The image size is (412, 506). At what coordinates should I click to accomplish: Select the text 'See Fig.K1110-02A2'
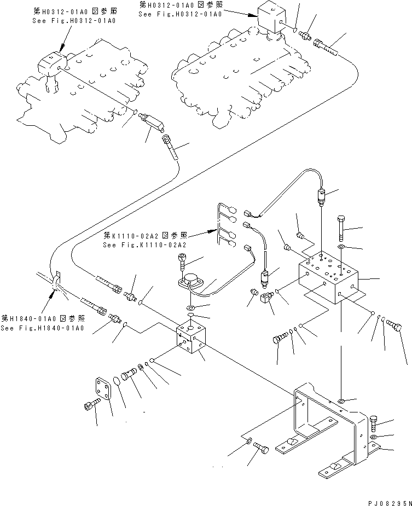[144, 245]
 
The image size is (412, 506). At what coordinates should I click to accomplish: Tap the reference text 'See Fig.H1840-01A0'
[42, 328]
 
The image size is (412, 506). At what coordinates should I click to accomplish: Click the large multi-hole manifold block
[327, 276]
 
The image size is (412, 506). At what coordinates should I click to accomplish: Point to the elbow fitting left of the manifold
[268, 299]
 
